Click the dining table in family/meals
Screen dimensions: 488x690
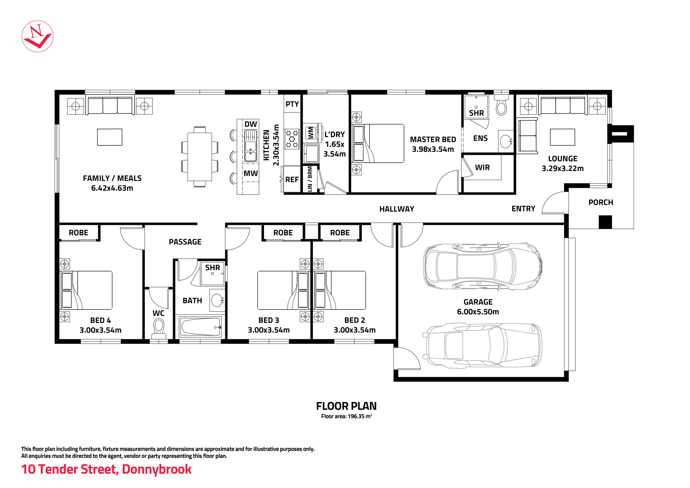[x=200, y=157]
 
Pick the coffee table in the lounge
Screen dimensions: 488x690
[x=562, y=137]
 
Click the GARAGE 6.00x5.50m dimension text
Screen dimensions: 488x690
[x=478, y=312]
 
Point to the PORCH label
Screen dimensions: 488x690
[x=600, y=202]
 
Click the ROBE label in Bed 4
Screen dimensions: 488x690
[x=78, y=233]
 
